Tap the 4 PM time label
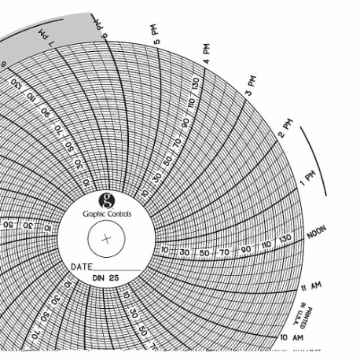(207, 53)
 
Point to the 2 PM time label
(285, 127)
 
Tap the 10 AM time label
(292, 336)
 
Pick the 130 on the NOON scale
(285, 238)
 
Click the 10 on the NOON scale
(164, 250)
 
